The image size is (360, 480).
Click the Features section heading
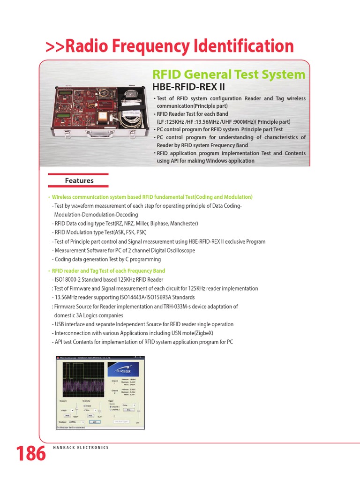pyautogui.click(x=79, y=180)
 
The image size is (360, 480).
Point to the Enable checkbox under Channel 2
pyautogui.click(x=84, y=406)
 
